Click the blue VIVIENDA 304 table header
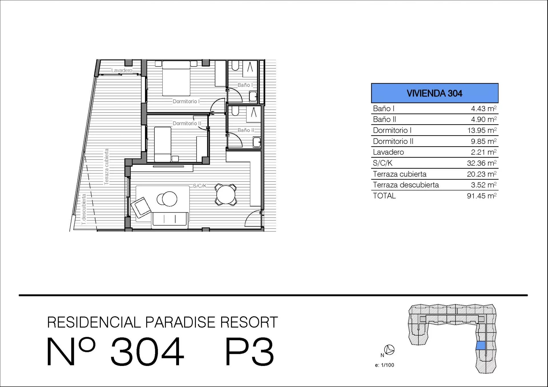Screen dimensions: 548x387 point(434,93)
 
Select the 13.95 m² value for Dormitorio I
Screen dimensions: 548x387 point(482,130)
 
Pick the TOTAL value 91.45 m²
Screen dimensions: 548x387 point(482,196)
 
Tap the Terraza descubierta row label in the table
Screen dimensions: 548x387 point(406,185)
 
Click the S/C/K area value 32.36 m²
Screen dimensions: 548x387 point(482,163)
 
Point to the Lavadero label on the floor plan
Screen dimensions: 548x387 point(122,70)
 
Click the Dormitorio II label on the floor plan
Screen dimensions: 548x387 point(187,123)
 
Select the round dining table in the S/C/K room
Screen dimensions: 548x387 point(226,195)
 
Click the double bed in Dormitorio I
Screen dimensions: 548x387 point(176,78)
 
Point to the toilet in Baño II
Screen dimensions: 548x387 point(235,111)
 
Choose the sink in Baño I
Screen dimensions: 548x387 point(253,96)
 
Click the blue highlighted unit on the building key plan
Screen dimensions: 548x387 point(481,345)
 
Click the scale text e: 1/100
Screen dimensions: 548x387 point(384,365)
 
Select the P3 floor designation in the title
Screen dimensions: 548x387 point(249,351)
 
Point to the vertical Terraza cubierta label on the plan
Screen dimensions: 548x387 point(106,167)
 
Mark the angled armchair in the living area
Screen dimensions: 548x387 point(141,207)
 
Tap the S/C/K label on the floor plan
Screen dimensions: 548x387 point(200,186)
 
